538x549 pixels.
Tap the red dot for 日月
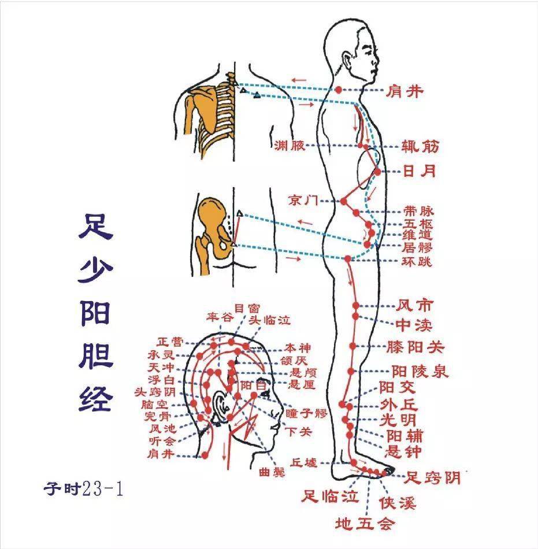click(x=377, y=172)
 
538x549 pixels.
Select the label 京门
click(x=303, y=201)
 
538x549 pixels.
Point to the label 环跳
click(x=417, y=261)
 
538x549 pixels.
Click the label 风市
click(x=414, y=305)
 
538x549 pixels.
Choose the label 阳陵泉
click(x=420, y=370)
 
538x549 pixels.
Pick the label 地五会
click(x=365, y=524)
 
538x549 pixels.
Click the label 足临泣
click(x=331, y=496)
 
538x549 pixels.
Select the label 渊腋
click(x=290, y=146)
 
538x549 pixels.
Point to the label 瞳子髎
click(x=306, y=413)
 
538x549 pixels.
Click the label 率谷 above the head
click(x=218, y=317)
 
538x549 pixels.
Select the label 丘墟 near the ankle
click(x=303, y=462)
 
